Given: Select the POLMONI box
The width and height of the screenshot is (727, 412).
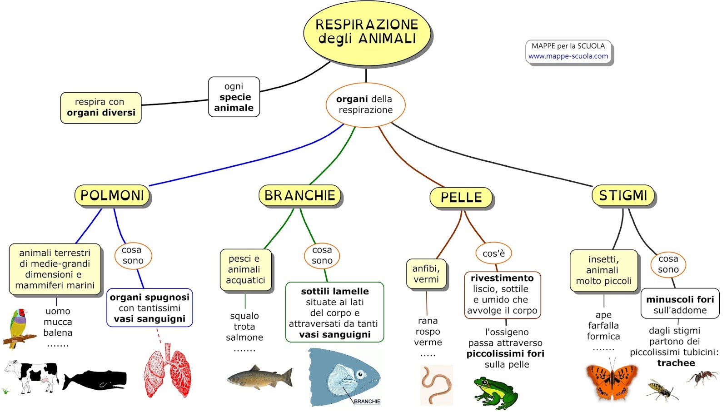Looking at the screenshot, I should pyautogui.click(x=112, y=195).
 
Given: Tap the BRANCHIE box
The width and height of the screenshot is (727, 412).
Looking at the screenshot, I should pyautogui.click(x=299, y=195).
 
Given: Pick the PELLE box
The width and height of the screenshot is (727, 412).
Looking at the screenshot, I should pyautogui.click(x=461, y=198).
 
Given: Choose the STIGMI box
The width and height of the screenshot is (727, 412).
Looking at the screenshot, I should pyautogui.click(x=623, y=195).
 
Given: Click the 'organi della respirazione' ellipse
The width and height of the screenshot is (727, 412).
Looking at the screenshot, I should pyautogui.click(x=365, y=104).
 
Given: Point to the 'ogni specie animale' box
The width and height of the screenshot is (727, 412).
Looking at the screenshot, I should pyautogui.click(x=234, y=97).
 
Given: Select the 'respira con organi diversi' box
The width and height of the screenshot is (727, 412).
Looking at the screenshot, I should pyautogui.click(x=101, y=108).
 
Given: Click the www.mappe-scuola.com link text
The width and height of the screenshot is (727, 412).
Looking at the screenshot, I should pyautogui.click(x=568, y=56).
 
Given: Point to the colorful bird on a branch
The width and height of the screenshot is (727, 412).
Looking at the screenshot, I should pyautogui.click(x=18, y=327).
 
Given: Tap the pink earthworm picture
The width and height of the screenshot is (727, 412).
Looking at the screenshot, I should pyautogui.click(x=436, y=384).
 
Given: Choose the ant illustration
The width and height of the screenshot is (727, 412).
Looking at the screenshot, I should pyautogui.click(x=702, y=377).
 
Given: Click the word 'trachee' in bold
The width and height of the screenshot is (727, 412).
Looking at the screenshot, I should pyautogui.click(x=676, y=363).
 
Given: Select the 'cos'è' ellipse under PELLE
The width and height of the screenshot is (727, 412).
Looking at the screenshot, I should pyautogui.click(x=493, y=253).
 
